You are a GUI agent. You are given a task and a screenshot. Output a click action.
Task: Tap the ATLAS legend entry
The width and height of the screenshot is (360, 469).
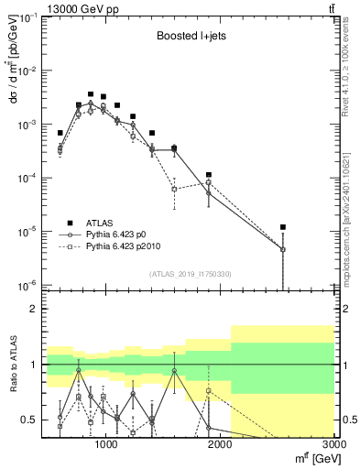click(x=101, y=223)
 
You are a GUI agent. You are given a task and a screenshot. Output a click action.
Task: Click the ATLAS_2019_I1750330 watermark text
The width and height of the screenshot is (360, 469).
click(x=189, y=274)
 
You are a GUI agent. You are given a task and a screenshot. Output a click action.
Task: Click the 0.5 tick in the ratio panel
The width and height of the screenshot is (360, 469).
click(x=31, y=420)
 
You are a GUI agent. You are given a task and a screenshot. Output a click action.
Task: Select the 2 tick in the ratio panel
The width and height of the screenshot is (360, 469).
click(x=35, y=310)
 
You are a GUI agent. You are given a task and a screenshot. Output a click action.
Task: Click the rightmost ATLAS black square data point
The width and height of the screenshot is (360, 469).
click(x=283, y=227)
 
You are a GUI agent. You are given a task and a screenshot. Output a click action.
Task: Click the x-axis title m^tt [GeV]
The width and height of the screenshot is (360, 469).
click(x=312, y=459)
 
